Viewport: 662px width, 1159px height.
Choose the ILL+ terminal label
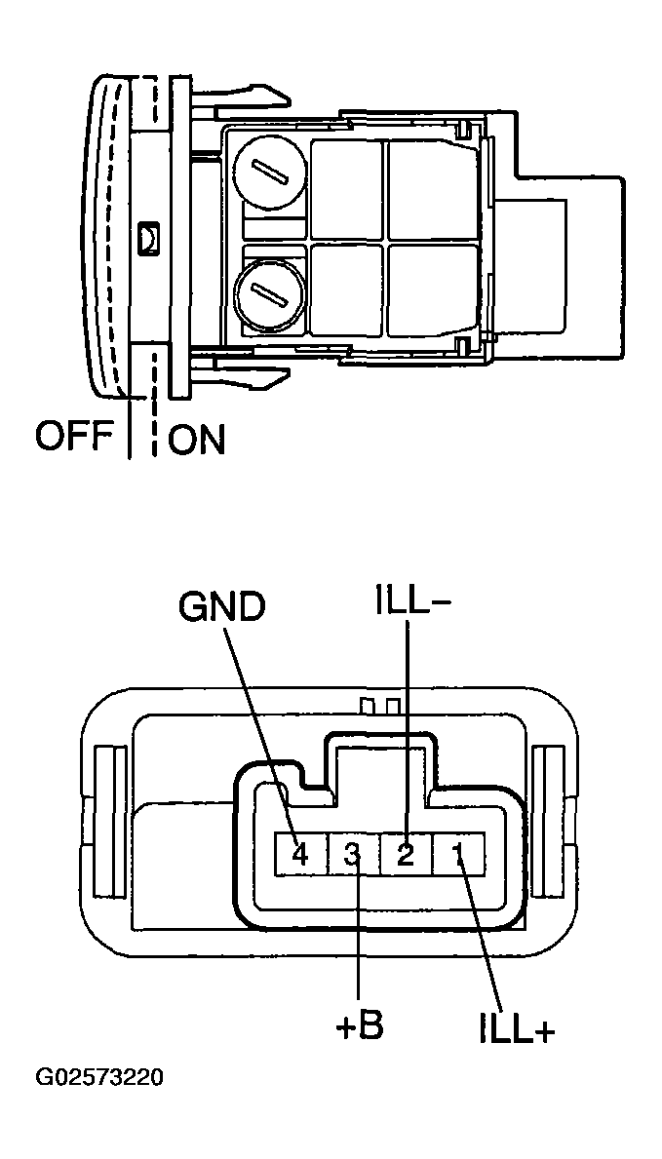[x=517, y=1030]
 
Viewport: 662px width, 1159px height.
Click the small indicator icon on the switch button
[x=148, y=236]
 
